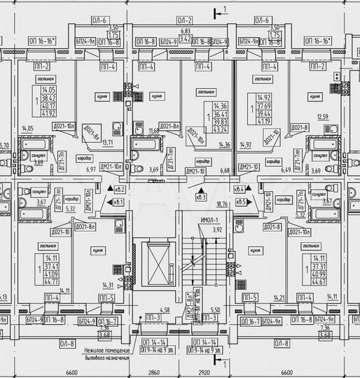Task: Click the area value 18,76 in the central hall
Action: [x=223, y=204]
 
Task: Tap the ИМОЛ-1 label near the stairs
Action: [x=210, y=221]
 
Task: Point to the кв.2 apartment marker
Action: [x=120, y=190]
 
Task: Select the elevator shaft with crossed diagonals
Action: [x=155, y=265]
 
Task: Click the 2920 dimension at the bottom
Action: [x=202, y=373]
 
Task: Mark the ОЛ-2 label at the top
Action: [x=184, y=21]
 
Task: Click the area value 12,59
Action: [x=322, y=116]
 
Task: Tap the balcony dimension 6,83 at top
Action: [x=186, y=31]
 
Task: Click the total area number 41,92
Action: [x=48, y=111]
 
